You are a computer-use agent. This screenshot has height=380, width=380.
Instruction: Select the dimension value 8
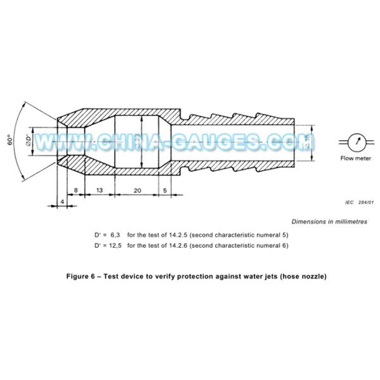[x=76, y=189]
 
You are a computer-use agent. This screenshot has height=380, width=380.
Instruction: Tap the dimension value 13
[x=99, y=189]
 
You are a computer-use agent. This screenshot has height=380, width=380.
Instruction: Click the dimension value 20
[x=137, y=189]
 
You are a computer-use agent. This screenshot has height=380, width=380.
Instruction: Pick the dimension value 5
[x=165, y=189]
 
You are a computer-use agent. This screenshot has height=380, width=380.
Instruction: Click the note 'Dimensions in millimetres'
[x=329, y=222]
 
